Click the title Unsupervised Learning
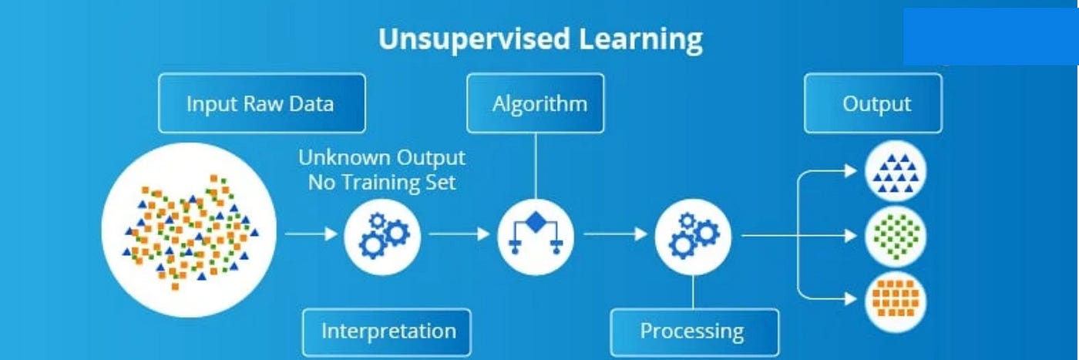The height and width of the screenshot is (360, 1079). [x=539, y=39]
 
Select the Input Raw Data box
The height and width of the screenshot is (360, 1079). [x=261, y=103]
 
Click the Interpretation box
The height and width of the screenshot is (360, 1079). [x=388, y=331]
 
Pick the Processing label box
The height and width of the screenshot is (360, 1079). [x=691, y=331]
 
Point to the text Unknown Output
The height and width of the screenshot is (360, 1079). [x=382, y=158]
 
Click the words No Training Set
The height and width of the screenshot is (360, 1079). [x=382, y=183]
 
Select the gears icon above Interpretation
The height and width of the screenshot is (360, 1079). [x=382, y=233]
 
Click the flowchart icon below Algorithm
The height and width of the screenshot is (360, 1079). [x=536, y=233]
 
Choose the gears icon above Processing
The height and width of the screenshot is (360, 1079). [x=693, y=233]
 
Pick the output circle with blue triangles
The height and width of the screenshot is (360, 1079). [x=896, y=172]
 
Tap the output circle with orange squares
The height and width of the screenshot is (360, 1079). [x=896, y=299]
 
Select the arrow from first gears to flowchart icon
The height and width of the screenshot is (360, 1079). [x=459, y=233]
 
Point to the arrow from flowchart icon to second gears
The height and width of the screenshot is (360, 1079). [x=615, y=233]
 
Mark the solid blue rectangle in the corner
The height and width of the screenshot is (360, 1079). [x=990, y=36]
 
